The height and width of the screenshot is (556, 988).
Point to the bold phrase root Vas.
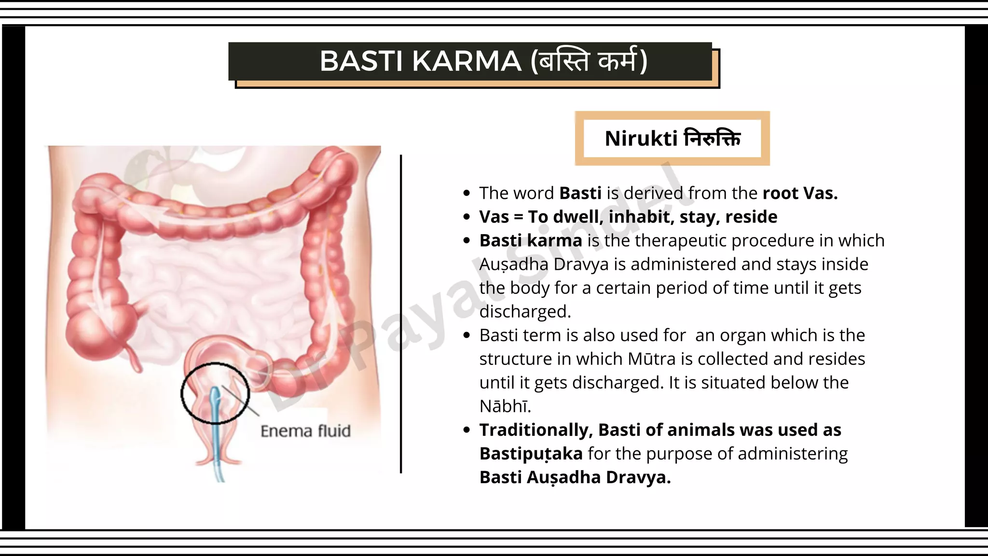(x=800, y=193)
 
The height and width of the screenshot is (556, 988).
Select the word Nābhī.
(x=505, y=406)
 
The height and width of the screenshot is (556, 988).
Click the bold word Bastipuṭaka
(x=531, y=453)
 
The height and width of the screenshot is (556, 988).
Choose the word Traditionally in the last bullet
(x=535, y=430)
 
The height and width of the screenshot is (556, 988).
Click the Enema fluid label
(x=305, y=431)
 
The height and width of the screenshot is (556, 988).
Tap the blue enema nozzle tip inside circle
(x=216, y=397)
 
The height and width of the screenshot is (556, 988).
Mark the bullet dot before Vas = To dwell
(x=466, y=217)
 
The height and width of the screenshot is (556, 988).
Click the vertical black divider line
(x=401, y=314)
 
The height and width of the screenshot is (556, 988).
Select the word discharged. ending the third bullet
(x=524, y=311)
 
